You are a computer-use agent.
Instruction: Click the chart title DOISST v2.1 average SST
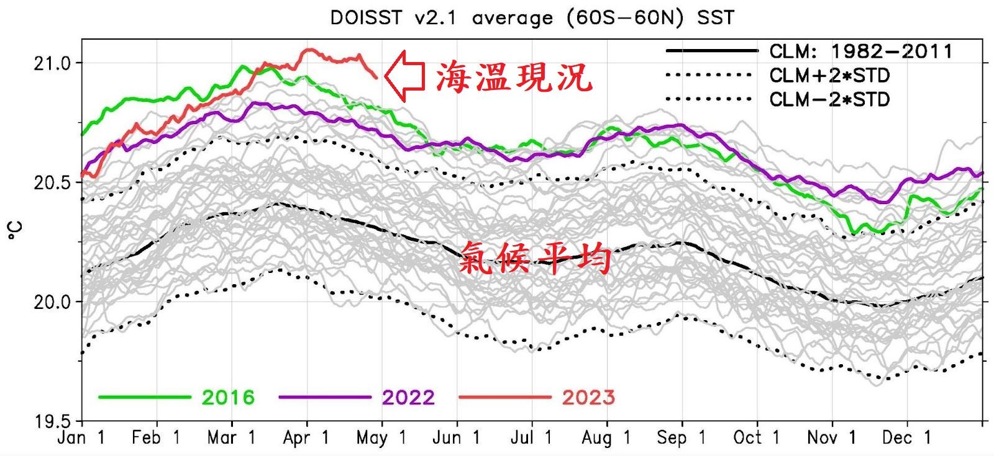point(532,17)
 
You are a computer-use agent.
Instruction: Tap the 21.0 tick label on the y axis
point(53,63)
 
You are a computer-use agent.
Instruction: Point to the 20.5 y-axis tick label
point(53,182)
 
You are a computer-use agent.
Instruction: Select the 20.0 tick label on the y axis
point(53,302)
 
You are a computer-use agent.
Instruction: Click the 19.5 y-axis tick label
point(53,422)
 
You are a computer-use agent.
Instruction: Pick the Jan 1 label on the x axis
point(81,438)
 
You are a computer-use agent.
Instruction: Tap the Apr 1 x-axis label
point(306,438)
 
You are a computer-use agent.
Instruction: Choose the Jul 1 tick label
point(531,438)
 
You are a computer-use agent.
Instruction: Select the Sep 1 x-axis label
point(682,438)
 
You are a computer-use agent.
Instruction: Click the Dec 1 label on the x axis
point(906,438)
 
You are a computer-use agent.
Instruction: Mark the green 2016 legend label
point(228,398)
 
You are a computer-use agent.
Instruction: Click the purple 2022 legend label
point(408,398)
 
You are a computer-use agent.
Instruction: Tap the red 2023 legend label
point(588,398)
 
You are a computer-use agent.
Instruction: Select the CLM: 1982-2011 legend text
point(860,51)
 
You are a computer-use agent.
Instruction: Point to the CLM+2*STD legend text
point(829,76)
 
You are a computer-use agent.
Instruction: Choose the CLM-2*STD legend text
point(829,99)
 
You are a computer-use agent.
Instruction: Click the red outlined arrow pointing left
point(404,76)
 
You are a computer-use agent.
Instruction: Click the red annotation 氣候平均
point(535,259)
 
